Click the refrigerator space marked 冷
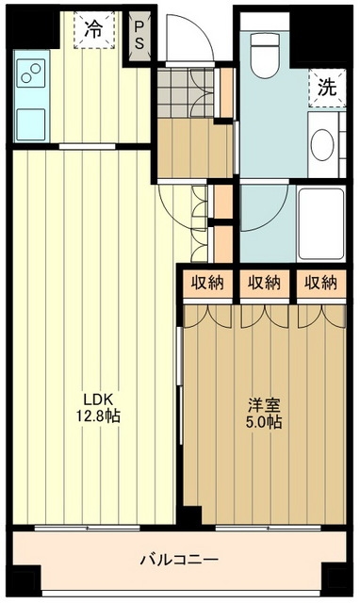pyautogui.click(x=94, y=29)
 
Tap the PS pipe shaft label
pyautogui.click(x=139, y=36)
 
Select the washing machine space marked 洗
pyautogui.click(x=327, y=88)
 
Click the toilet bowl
pyautogui.click(x=264, y=55)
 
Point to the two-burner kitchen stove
pyautogui.click(x=31, y=73)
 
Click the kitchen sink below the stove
pyautogui.click(x=31, y=124)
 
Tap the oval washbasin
pyautogui.click(x=322, y=144)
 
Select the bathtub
pyautogui.click(x=321, y=224)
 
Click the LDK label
pyautogui.click(x=98, y=399)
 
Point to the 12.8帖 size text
pyautogui.click(x=98, y=416)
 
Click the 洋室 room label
pyautogui.click(x=264, y=405)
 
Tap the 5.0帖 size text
pyautogui.click(x=264, y=422)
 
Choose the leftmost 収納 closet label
pyautogui.click(x=207, y=283)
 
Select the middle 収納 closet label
pyautogui.click(x=264, y=283)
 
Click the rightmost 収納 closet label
pyautogui.click(x=320, y=283)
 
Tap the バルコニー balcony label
pyautogui.click(x=179, y=559)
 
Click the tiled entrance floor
pyautogui.click(x=186, y=92)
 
